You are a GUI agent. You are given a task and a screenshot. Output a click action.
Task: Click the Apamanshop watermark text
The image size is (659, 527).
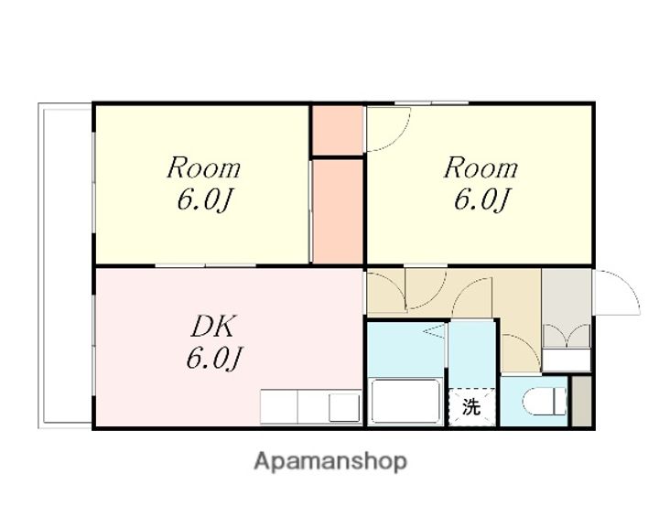pos(330,462)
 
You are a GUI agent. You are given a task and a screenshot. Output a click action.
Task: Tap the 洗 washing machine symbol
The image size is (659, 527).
pos(471,407)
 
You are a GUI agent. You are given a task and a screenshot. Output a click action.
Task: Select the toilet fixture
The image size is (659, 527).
pos(546,402)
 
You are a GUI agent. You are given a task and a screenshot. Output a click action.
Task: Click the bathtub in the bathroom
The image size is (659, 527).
pos(405,401)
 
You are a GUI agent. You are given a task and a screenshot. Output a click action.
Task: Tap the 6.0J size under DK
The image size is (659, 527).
pos(215,359)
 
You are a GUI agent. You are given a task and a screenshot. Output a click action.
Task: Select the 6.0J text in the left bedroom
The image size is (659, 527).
pos(205,199)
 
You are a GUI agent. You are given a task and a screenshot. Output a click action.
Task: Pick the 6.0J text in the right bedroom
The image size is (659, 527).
pos(482,199)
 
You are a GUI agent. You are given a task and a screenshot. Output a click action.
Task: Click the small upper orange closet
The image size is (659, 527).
pos(338,130)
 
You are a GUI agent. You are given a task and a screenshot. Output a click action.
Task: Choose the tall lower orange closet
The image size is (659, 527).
pos(338,211)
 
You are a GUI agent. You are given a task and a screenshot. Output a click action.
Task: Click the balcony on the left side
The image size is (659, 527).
pos(65,265)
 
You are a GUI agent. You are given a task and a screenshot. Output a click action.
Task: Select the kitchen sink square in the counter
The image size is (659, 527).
pos(344,407)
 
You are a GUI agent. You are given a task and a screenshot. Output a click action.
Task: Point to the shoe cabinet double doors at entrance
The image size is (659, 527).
pos(567,336)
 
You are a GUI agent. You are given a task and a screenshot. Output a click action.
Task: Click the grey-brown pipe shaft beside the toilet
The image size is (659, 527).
pos(582,402)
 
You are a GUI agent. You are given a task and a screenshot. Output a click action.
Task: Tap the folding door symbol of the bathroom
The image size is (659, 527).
pos(435,330)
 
